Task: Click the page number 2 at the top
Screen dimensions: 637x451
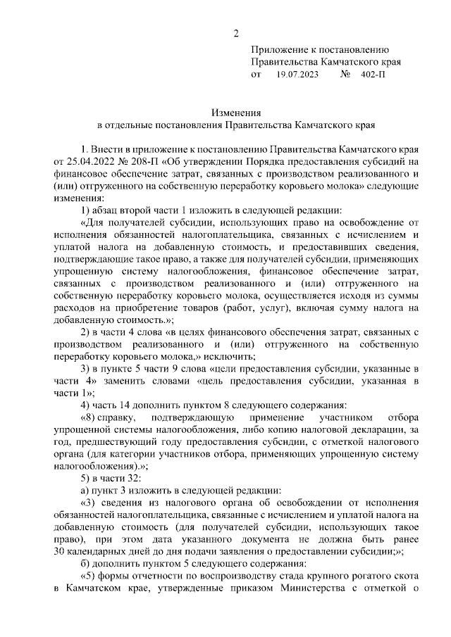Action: (x=237, y=34)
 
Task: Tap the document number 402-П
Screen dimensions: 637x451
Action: (x=371, y=74)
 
